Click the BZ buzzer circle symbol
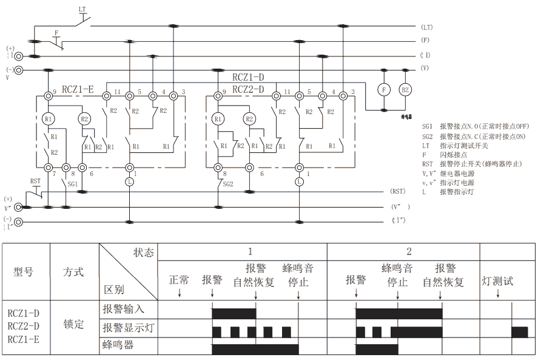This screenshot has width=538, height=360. pos(405,89)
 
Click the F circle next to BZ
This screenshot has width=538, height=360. pos(383,89)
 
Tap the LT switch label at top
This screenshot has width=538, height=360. pos(82,10)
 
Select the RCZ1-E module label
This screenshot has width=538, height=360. pos(73,89)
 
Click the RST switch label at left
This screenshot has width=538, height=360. pos(36,181)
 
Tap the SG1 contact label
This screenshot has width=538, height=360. pos(72,183)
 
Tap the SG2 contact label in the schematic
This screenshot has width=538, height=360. pos(227,183)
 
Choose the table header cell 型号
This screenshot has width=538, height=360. pos(25,272)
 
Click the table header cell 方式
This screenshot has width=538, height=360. pos(73,272)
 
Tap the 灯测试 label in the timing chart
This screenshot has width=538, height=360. pos(497,281)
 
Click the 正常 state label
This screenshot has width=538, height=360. pos(179,280)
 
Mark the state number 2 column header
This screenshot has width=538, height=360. pos(409,251)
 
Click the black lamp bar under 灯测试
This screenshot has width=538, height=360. pos(519,332)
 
